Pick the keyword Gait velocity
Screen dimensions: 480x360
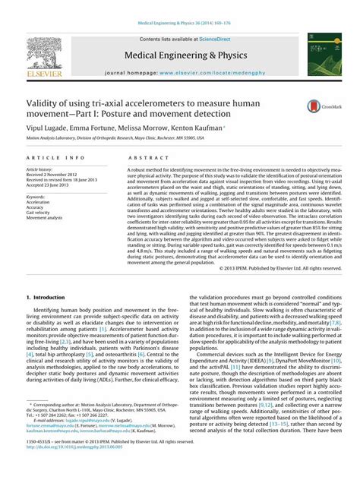point(40,212)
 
